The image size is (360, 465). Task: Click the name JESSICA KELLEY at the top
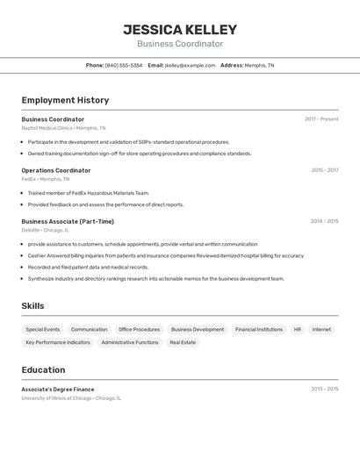click(x=180, y=30)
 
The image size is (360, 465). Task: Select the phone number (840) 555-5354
click(x=123, y=65)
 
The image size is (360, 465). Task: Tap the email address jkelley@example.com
click(x=190, y=65)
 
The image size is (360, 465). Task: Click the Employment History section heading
click(x=65, y=100)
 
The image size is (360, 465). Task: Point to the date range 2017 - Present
click(x=321, y=119)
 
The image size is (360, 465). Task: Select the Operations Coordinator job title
click(x=56, y=170)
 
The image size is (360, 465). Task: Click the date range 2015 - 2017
click(x=324, y=170)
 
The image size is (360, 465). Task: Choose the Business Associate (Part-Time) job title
click(x=68, y=221)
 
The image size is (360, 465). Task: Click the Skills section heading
click(x=33, y=306)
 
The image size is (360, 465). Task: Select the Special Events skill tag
click(x=43, y=330)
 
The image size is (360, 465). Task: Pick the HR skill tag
click(x=298, y=330)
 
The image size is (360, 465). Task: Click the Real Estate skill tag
click(x=183, y=342)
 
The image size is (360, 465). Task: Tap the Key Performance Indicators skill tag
click(x=58, y=342)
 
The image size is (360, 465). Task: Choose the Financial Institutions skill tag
click(x=259, y=330)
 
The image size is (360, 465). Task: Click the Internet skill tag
click(x=322, y=330)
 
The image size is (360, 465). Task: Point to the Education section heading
click(x=43, y=369)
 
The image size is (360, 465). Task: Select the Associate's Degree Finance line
click(x=58, y=389)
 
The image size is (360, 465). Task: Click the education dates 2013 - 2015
click(x=324, y=389)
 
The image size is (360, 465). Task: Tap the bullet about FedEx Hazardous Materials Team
click(x=88, y=193)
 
